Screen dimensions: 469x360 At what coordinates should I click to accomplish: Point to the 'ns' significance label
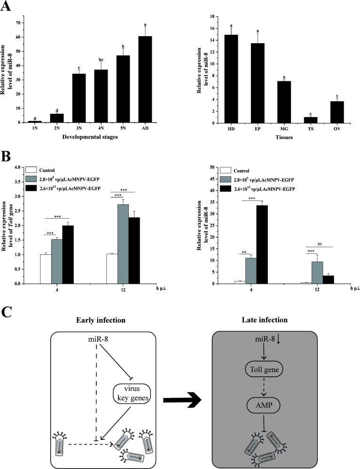[320, 243]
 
